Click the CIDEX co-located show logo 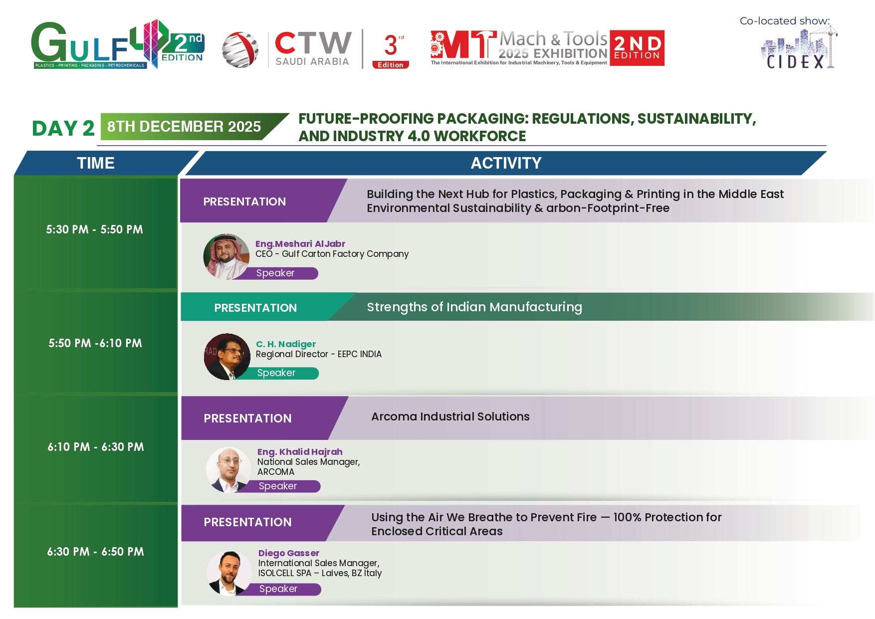point(799,48)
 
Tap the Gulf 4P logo point(118,44)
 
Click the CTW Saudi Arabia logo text point(312,48)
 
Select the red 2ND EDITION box point(637,48)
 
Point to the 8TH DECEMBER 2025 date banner point(195,127)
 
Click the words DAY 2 point(63,128)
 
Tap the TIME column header point(96,163)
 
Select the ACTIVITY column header point(506,163)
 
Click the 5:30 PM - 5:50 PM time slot point(95,229)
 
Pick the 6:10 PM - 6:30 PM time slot point(96,447)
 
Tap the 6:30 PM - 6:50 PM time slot point(96,552)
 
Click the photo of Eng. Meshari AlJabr point(226,256)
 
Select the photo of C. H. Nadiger point(227,357)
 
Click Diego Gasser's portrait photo point(230,573)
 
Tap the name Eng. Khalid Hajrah point(300,452)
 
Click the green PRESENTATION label point(255,308)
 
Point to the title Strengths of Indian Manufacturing point(474,307)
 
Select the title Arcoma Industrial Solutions point(450,416)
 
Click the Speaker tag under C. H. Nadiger point(276,373)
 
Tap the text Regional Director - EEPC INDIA point(319,354)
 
